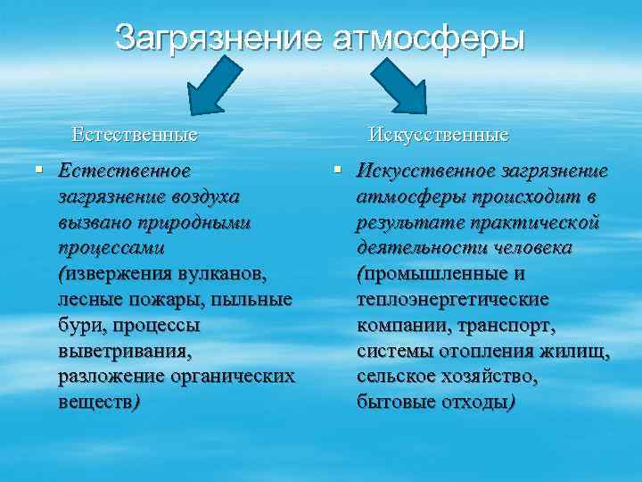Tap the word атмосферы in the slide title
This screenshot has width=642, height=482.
pos(428,37)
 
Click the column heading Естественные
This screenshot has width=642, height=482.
pos(135,136)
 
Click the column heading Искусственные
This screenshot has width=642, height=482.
pos(439,136)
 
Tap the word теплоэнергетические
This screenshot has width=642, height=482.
pos(452,298)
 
